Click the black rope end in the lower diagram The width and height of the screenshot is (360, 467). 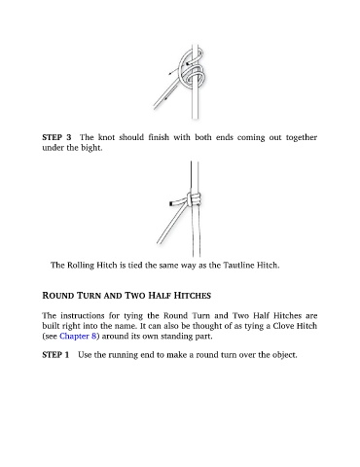tap(171, 203)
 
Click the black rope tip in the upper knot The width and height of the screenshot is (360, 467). tap(188, 64)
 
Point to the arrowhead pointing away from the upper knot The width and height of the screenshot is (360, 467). tap(169, 74)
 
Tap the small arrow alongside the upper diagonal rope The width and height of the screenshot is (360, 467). tap(166, 97)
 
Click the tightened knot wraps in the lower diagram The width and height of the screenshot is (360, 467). tap(194, 199)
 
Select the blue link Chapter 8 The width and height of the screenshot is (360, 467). tap(78, 336)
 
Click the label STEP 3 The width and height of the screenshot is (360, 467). tap(56, 137)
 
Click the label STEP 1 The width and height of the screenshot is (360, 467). tap(55, 354)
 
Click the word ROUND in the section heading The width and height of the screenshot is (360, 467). tap(58, 296)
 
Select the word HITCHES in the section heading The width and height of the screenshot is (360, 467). tap(193, 296)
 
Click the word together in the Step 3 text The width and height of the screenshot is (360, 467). tap(302, 137)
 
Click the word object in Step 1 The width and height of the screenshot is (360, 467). tap(285, 355)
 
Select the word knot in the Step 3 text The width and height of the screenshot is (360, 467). tap(107, 137)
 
